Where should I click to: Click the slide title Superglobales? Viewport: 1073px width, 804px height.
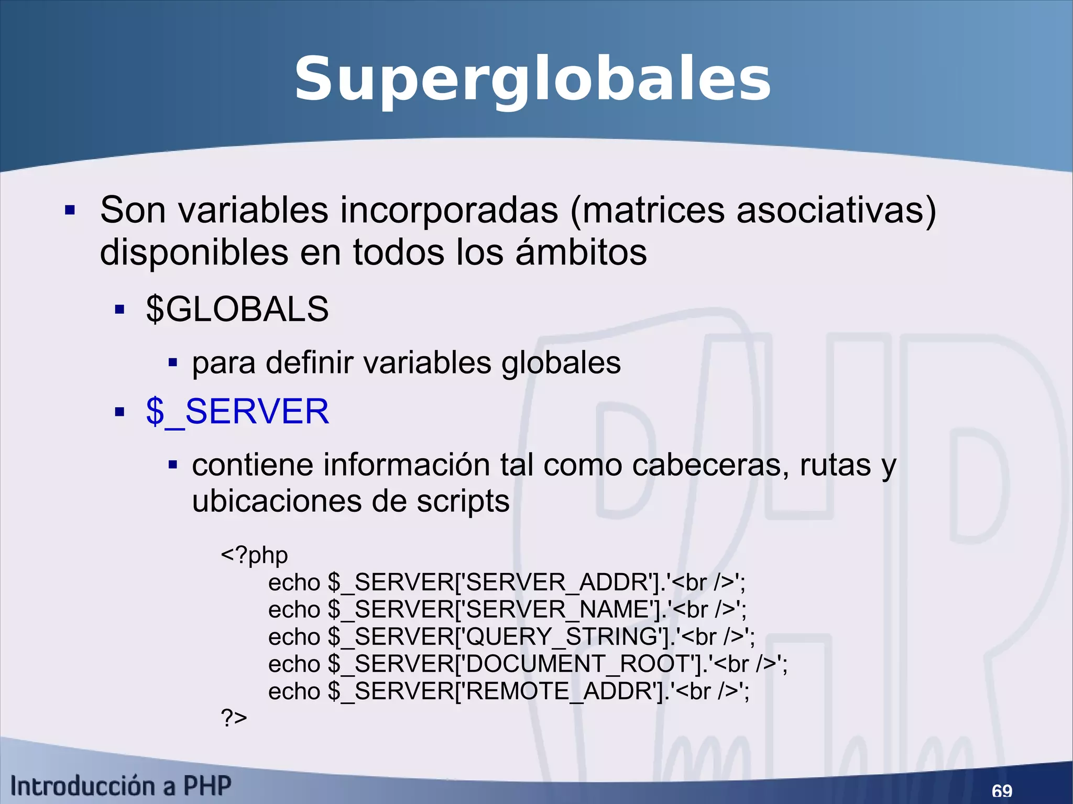(x=532, y=80)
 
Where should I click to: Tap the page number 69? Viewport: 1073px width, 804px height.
(x=1002, y=790)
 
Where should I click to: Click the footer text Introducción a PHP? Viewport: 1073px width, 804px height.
(x=121, y=786)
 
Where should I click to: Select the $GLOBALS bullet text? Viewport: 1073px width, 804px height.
(x=237, y=309)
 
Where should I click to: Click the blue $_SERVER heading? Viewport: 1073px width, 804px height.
(x=237, y=411)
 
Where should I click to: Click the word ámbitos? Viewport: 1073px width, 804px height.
(x=582, y=252)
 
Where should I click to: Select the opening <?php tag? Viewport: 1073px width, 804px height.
(x=254, y=555)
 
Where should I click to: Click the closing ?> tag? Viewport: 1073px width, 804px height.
(x=234, y=718)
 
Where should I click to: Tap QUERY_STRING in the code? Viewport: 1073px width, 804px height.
(x=562, y=637)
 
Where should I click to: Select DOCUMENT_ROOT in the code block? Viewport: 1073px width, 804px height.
(x=583, y=664)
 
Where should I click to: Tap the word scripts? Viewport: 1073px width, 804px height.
(x=463, y=501)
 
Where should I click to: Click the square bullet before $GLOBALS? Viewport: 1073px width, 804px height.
(x=119, y=310)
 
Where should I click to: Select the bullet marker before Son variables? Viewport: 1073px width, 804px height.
(x=70, y=211)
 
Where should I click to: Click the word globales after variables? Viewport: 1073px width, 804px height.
(x=561, y=363)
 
